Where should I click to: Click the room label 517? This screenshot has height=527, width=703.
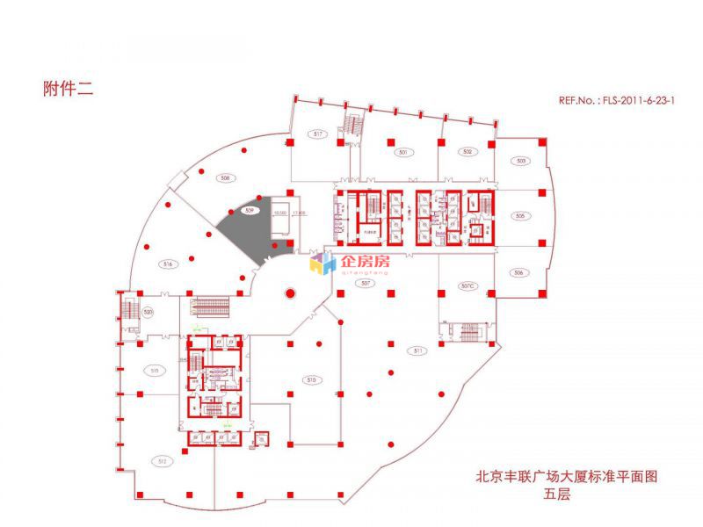pyautogui.click(x=319, y=134)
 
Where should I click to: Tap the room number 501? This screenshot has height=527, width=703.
pyautogui.click(x=403, y=153)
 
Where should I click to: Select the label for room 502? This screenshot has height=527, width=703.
pyautogui.click(x=467, y=152)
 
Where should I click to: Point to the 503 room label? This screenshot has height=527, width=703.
pyautogui.click(x=521, y=161)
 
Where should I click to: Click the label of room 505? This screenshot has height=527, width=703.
pyautogui.click(x=519, y=216)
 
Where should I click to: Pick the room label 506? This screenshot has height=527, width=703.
pyautogui.click(x=518, y=273)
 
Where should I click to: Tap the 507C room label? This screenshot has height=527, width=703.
pyautogui.click(x=467, y=285)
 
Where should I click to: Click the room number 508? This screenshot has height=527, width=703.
pyautogui.click(x=225, y=178)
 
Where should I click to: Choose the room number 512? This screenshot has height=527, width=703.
pyautogui.click(x=162, y=460)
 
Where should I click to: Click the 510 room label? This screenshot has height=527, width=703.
pyautogui.click(x=310, y=380)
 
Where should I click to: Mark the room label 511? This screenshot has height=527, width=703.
pyautogui.click(x=418, y=350)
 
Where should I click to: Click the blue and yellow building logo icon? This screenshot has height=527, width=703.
pyautogui.click(x=323, y=263)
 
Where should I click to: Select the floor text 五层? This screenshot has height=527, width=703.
pyautogui.click(x=557, y=495)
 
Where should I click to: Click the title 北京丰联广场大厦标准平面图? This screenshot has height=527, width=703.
pyautogui.click(x=566, y=477)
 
